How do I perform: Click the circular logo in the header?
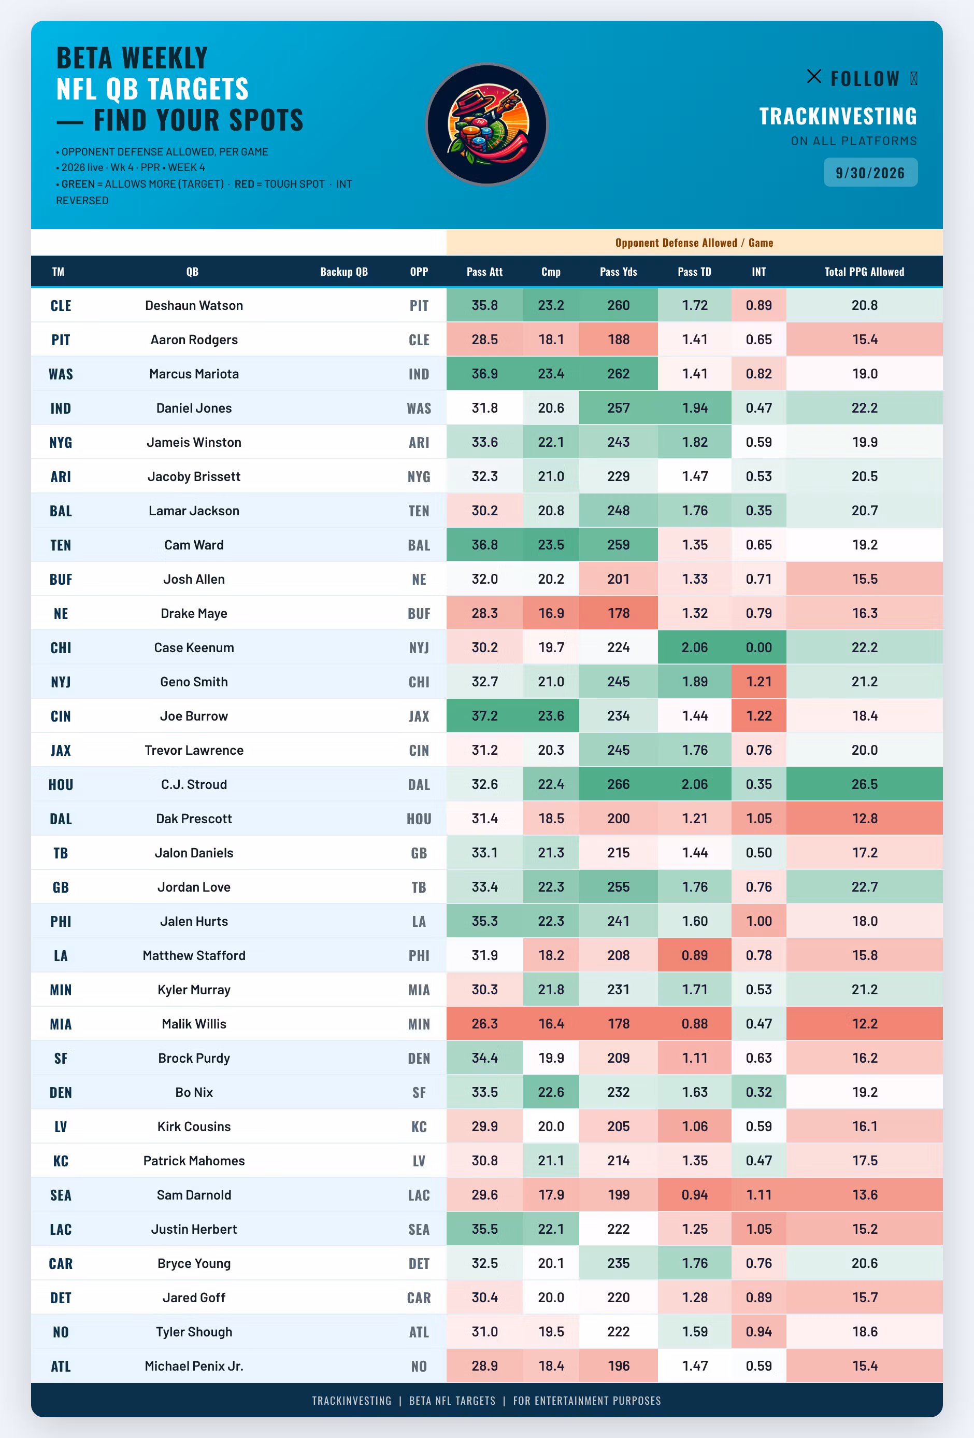pos(486,124)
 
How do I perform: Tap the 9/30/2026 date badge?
pos(870,173)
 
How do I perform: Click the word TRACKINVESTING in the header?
pos(838,116)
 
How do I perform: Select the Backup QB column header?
pos(344,272)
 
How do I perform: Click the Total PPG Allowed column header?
pos(864,272)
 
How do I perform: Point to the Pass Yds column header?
pos(619,272)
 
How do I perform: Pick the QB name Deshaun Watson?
pos(194,305)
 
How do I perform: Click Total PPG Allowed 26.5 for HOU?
pos(864,784)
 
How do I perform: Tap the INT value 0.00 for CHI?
pos(759,647)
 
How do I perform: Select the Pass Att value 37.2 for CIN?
pos(484,716)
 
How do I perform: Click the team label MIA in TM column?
pos(61,1024)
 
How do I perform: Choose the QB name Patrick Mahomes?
pos(194,1161)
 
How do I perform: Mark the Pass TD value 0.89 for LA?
pos(694,955)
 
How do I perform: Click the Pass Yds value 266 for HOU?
pos(619,784)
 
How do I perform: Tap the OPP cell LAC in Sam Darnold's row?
pos(419,1195)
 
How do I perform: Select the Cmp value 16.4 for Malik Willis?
pos(551,1024)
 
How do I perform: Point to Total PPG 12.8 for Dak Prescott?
pos(864,819)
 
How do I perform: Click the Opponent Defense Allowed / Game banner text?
pos(694,243)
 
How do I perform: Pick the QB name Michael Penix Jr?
pos(194,1366)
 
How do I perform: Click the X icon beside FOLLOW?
pos(814,76)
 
